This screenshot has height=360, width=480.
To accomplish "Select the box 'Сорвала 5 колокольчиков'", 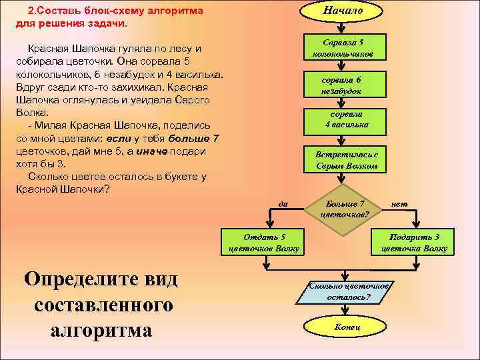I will click(343, 47).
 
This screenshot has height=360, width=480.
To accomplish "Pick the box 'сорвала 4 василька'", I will click(343, 119).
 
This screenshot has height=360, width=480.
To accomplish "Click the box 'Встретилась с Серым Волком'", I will click(346, 159).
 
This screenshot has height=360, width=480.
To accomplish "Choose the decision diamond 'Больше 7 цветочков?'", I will click(343, 209).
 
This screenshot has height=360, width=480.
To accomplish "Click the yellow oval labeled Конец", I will click(345, 327).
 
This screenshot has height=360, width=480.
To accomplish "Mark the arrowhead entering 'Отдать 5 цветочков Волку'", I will click(267, 227).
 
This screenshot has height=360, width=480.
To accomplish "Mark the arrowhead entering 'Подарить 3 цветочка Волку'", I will click(418, 227).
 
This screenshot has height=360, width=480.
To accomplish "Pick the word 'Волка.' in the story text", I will click(30, 113).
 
